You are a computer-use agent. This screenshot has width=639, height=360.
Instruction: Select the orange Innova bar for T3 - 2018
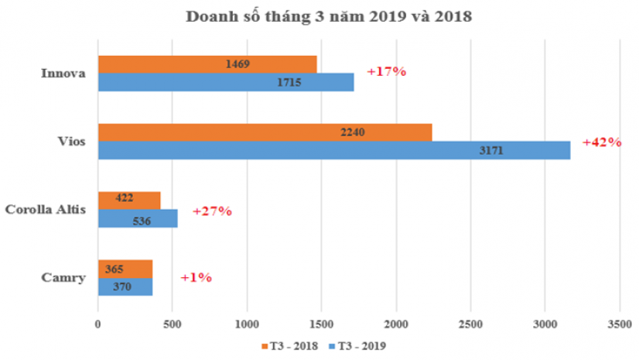coord(207,64)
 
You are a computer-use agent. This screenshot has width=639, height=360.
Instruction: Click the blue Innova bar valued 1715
coord(225,82)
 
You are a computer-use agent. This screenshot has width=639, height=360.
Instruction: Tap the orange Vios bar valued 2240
coord(265,132)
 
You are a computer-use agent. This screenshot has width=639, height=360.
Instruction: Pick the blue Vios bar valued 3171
coord(333,150)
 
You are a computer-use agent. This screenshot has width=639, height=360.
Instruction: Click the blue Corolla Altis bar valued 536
coord(138,219)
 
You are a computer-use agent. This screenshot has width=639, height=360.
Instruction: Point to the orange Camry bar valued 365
coord(125,269)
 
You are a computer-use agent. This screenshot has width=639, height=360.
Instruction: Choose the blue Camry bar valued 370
coord(125,286)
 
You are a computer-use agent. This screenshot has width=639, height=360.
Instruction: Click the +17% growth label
coord(386,72)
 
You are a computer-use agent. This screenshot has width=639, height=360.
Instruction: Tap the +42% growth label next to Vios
coord(601,142)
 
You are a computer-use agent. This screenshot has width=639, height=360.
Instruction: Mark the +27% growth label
coord(212,211)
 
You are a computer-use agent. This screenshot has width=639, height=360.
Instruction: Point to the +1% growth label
coord(196,277)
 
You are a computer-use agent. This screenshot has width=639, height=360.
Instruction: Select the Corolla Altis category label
coord(43,210)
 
